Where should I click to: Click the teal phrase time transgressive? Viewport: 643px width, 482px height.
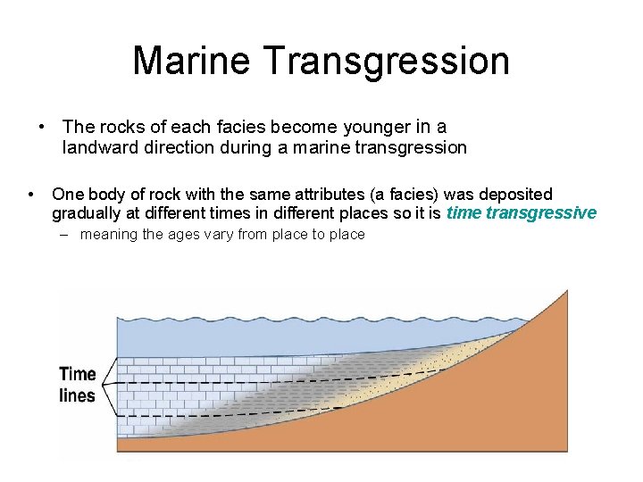(x=521, y=213)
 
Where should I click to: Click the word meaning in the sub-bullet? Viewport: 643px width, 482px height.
(x=109, y=235)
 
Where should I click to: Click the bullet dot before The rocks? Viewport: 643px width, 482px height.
(x=41, y=127)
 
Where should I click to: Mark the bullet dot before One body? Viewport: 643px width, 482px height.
(x=31, y=194)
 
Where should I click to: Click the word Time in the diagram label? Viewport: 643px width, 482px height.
(x=78, y=374)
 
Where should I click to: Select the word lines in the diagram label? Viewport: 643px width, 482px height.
(x=78, y=395)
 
